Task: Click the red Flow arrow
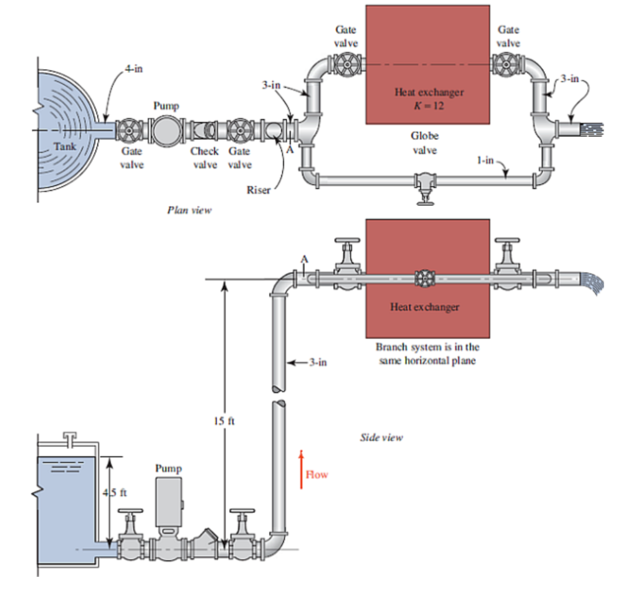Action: click(300, 469)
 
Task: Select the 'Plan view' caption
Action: click(189, 210)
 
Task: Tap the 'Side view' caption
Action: click(381, 437)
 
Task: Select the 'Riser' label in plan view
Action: click(258, 190)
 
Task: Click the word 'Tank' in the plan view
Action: click(64, 147)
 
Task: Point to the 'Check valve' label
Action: click(204, 158)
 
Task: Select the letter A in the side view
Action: click(304, 259)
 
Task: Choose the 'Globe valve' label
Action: click(424, 143)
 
